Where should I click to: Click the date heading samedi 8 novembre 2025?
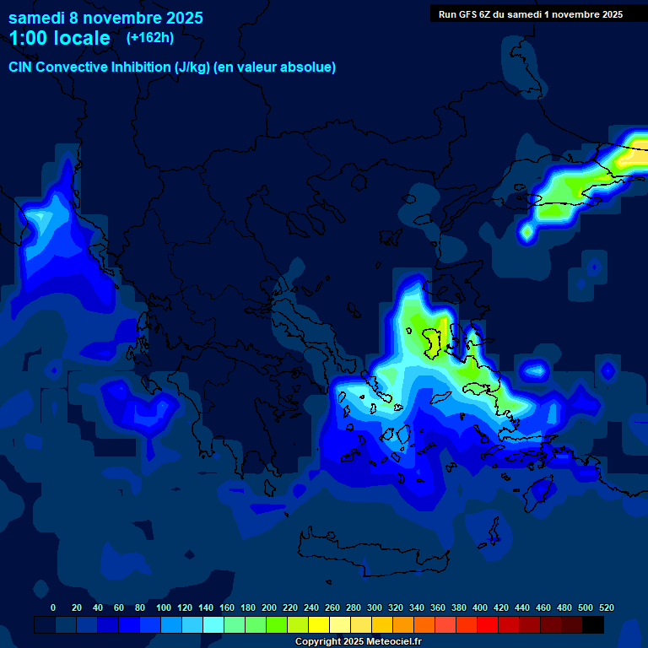point(105,18)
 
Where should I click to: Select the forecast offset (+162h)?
point(149,37)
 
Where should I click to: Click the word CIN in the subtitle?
point(22,67)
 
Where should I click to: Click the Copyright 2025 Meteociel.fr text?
point(358,642)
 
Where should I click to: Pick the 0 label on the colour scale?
point(53,607)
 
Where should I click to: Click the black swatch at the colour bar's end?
point(593,624)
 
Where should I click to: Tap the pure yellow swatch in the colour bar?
point(319,624)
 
